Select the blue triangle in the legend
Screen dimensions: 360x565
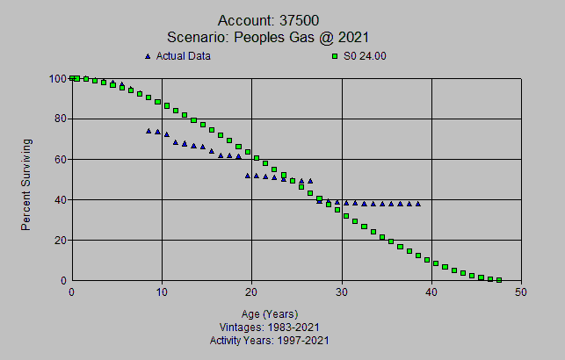148,57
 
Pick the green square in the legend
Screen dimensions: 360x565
335,57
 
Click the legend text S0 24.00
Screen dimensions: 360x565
364,57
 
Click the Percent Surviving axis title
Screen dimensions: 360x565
26,184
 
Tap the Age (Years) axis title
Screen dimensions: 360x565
270,313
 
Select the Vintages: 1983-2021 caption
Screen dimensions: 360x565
270,327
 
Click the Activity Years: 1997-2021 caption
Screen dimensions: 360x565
270,340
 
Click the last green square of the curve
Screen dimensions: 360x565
499,280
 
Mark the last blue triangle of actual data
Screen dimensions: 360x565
417,204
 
